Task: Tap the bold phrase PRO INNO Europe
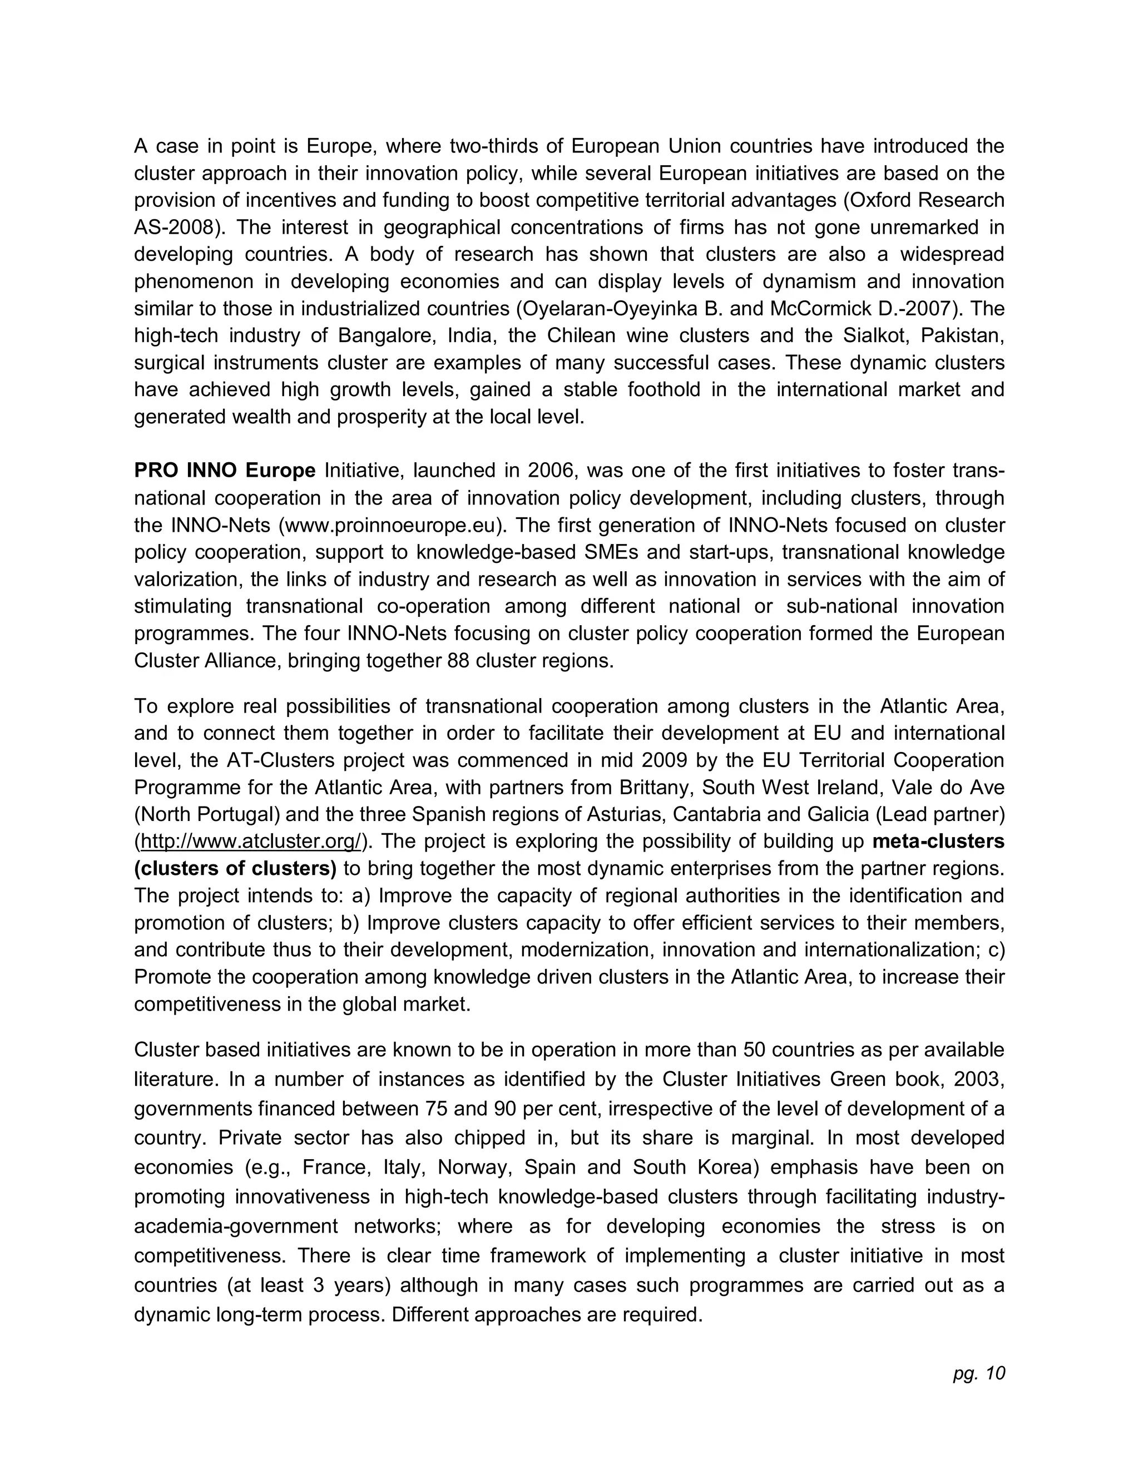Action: click(225, 471)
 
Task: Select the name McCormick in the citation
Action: click(820, 309)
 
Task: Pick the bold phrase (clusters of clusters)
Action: click(235, 869)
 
